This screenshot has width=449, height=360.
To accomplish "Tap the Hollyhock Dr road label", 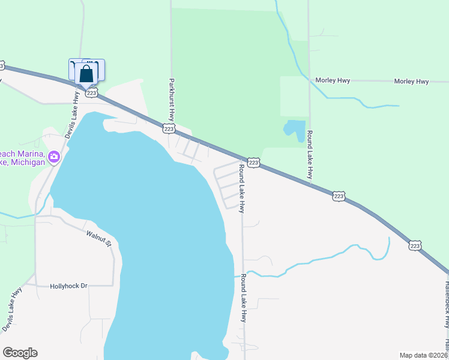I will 68,286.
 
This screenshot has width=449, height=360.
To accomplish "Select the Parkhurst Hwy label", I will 172,100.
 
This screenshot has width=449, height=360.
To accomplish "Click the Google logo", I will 20,353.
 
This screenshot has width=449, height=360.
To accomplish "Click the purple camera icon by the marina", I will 55,157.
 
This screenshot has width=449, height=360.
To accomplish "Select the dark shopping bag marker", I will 87,74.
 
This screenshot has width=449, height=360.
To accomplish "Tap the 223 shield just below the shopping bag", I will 91,92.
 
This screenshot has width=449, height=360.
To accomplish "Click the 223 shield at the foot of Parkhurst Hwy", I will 169,128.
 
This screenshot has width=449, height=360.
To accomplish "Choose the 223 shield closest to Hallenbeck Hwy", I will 415,245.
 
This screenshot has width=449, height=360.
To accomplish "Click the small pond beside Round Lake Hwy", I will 294,129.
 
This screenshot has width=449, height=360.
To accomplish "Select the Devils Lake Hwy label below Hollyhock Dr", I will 11,309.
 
